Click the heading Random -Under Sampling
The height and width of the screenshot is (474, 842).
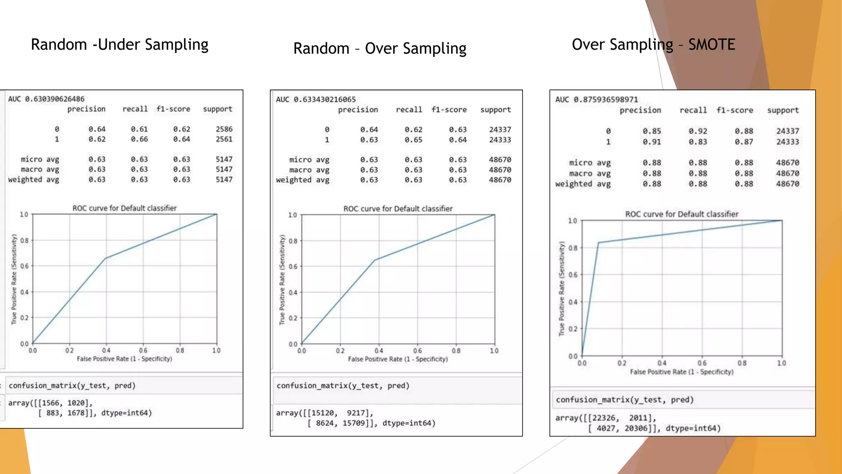pyautogui.click(x=120, y=44)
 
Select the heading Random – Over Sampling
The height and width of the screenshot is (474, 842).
pyautogui.click(x=379, y=49)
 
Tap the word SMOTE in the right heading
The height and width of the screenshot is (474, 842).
pyautogui.click(x=712, y=44)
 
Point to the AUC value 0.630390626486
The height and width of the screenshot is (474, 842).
pyautogui.click(x=55, y=99)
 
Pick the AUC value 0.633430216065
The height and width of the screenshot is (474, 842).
pyautogui.click(x=324, y=100)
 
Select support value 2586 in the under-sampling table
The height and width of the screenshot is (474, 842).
pyautogui.click(x=224, y=129)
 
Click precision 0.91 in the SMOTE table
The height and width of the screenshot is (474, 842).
pyautogui.click(x=652, y=142)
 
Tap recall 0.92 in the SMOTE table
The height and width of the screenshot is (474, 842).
pyautogui.click(x=698, y=131)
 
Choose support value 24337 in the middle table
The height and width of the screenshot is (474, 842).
pyautogui.click(x=500, y=130)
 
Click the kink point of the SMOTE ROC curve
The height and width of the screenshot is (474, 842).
pyautogui.click(x=598, y=243)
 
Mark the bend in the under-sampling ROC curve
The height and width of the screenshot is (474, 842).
pyautogui.click(x=106, y=258)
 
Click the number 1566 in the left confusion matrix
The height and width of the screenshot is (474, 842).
pyautogui.click(x=51, y=403)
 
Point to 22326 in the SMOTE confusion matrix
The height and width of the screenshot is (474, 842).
pyautogui.click(x=604, y=418)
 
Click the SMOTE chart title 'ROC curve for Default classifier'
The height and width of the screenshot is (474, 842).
pyautogui.click(x=682, y=214)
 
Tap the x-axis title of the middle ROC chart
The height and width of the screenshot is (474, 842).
pyautogui.click(x=398, y=359)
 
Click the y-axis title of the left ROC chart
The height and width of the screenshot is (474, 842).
pyautogui.click(x=14, y=279)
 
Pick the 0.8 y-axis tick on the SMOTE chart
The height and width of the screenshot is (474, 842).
pyautogui.click(x=573, y=248)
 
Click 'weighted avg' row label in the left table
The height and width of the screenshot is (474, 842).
pyautogui.click(x=34, y=179)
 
